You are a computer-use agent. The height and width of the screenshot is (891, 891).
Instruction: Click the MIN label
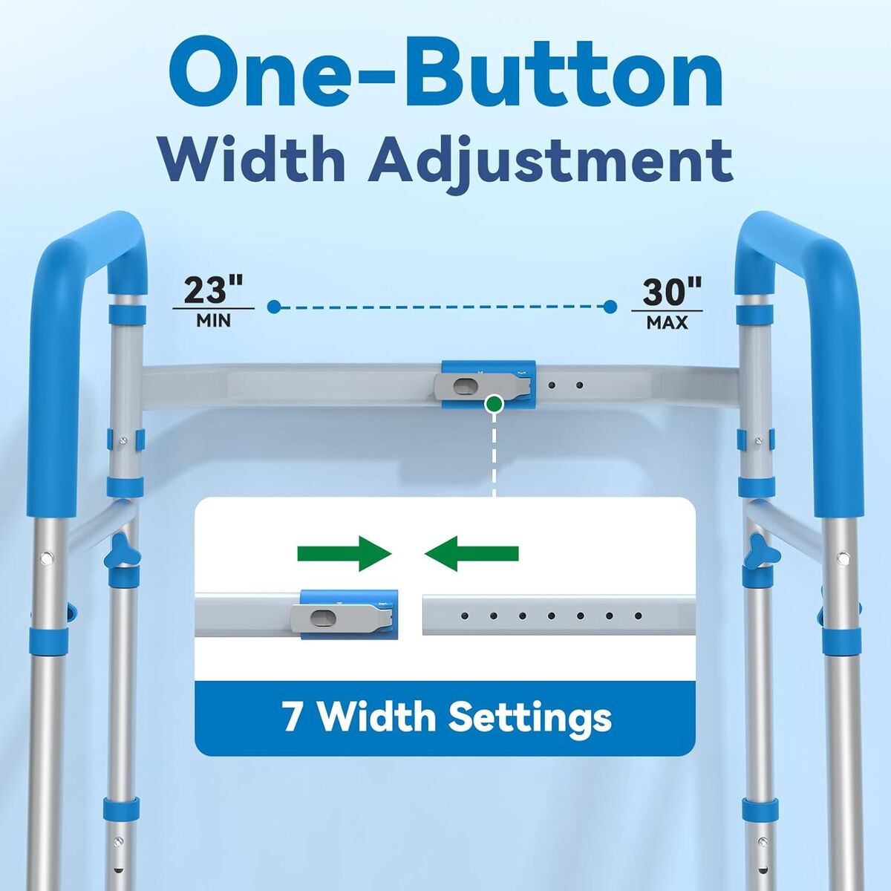(x=214, y=321)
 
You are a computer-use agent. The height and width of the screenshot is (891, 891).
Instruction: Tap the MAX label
(x=668, y=322)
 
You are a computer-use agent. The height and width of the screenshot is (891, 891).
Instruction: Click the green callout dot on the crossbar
(x=494, y=404)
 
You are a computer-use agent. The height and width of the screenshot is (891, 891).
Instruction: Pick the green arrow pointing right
(x=344, y=553)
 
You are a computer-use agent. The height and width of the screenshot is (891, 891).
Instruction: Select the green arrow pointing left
(x=471, y=553)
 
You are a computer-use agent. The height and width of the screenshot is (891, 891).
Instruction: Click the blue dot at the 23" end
(x=274, y=306)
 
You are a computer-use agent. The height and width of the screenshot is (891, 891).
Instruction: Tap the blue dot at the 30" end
(x=610, y=306)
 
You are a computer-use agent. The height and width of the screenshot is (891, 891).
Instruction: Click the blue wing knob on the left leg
(x=123, y=549)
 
